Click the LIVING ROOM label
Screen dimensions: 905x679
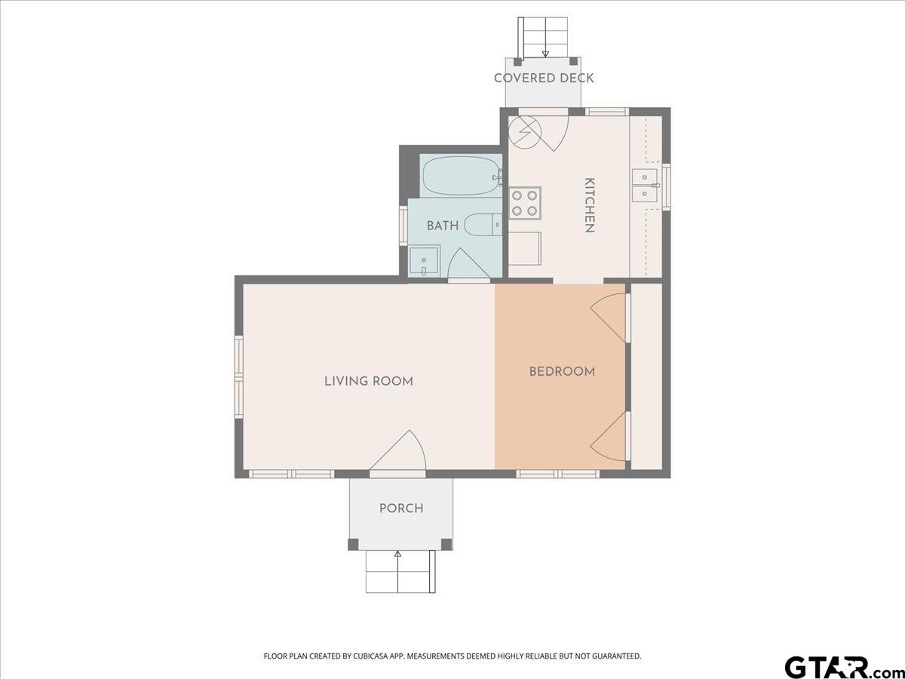point(369,381)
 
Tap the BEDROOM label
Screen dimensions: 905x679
point(562,372)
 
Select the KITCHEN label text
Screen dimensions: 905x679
point(590,205)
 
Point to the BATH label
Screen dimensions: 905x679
point(443,226)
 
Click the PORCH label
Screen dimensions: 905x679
point(401,508)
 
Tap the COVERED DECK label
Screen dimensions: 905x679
point(544,78)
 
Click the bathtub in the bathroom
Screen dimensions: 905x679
point(462,176)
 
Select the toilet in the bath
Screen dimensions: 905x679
point(483,225)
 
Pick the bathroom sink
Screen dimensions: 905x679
point(425,261)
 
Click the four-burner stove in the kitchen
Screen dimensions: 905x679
point(524,203)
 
